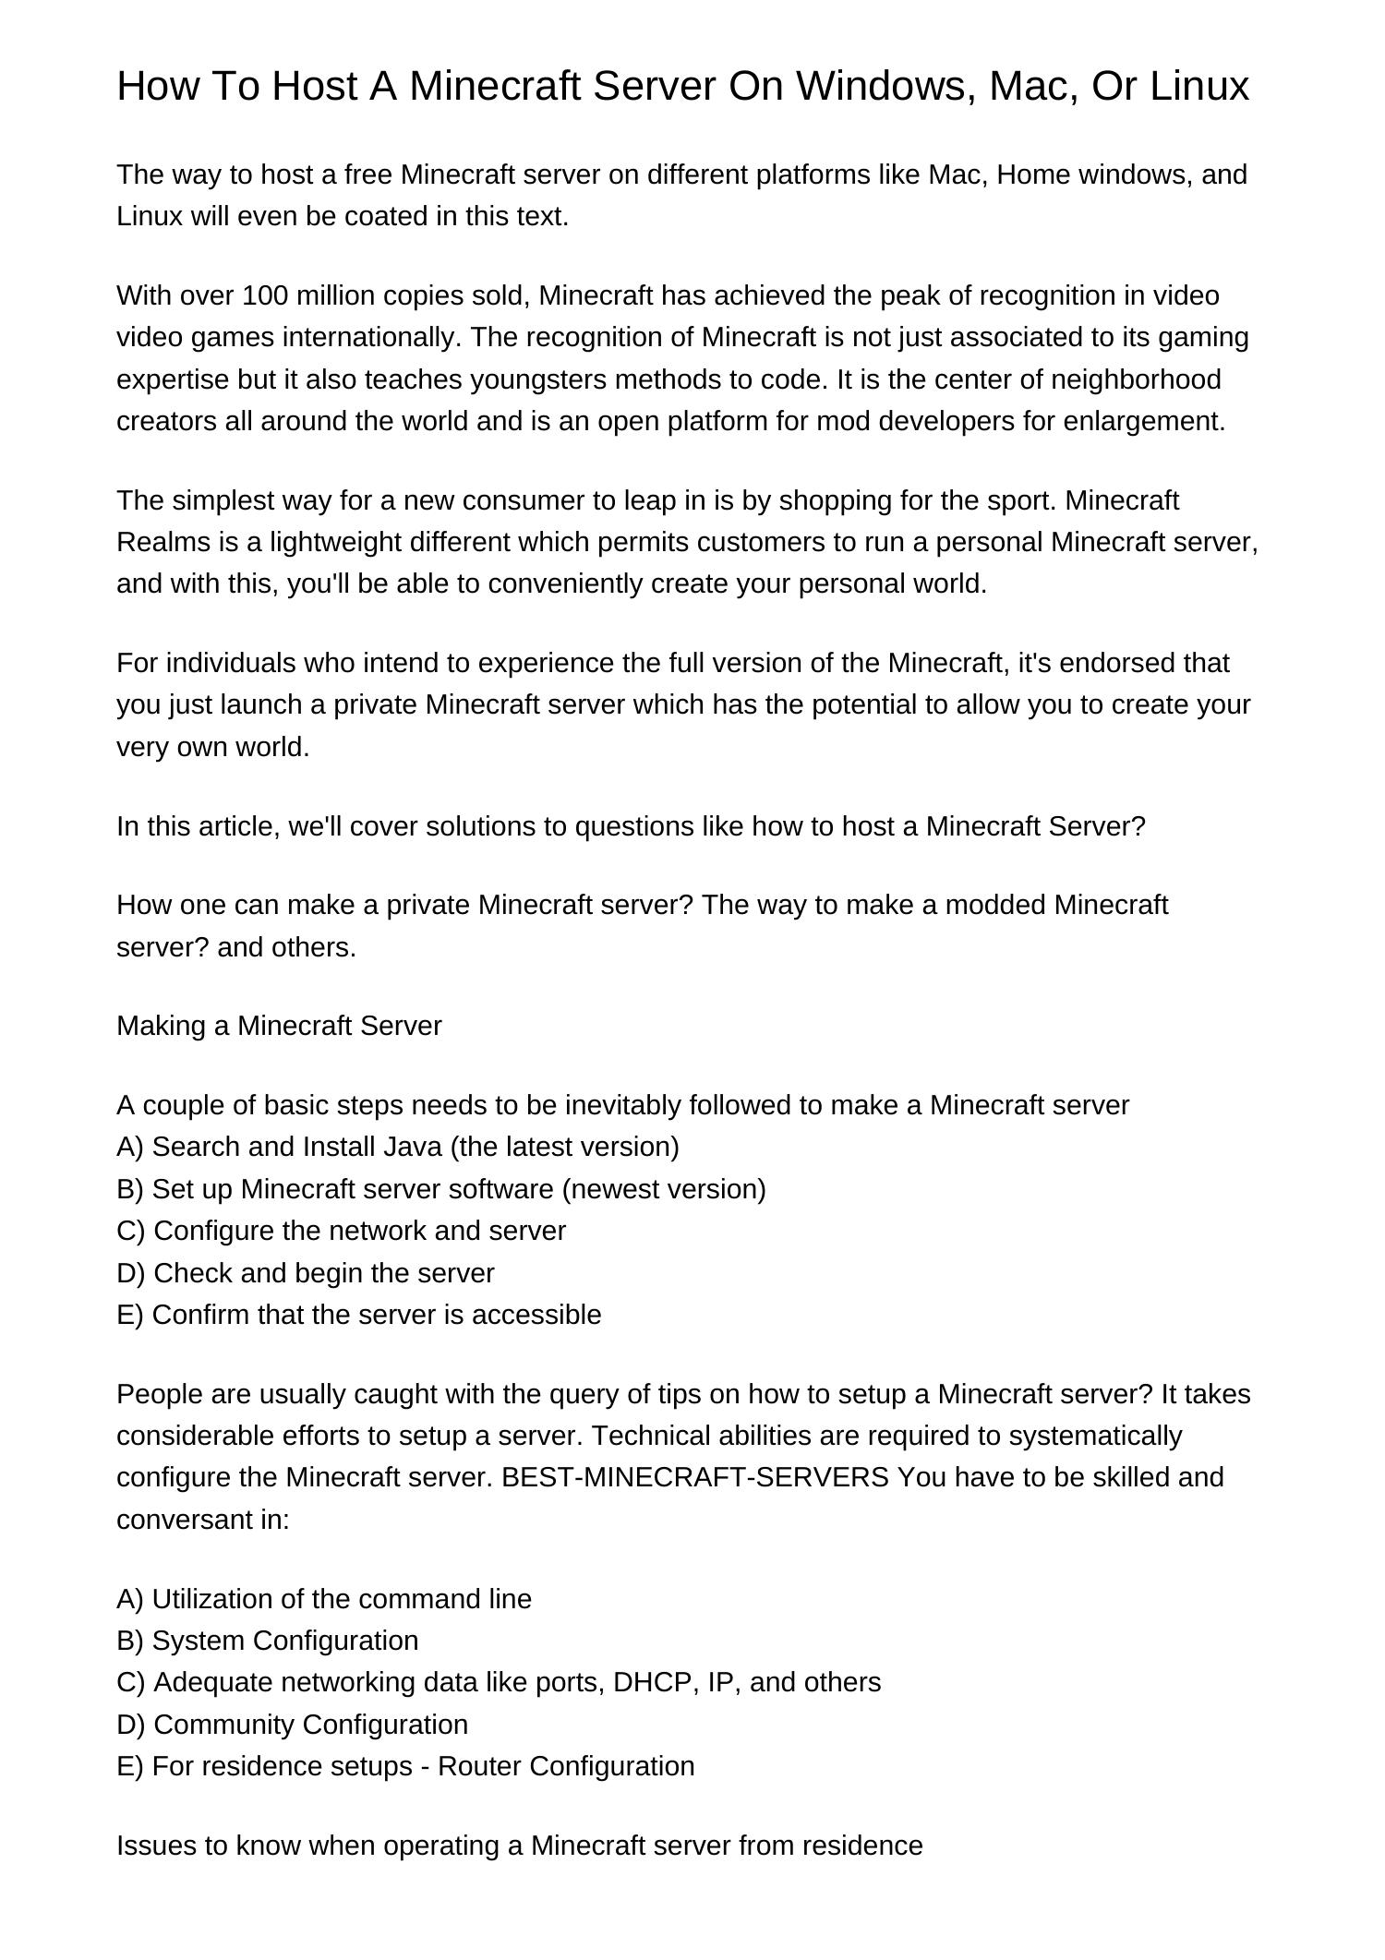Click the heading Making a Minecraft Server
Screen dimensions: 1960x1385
pyautogui.click(x=279, y=1026)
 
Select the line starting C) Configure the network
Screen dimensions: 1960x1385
pyautogui.click(x=341, y=1231)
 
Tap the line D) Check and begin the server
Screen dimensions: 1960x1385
pyautogui.click(x=306, y=1273)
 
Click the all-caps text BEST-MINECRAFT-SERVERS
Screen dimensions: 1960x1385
pyautogui.click(x=694, y=1477)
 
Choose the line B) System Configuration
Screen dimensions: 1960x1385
pyautogui.click(x=267, y=1641)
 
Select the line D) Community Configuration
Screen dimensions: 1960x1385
pyautogui.click(x=292, y=1725)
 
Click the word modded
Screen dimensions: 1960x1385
pyautogui.click(x=1004, y=905)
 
